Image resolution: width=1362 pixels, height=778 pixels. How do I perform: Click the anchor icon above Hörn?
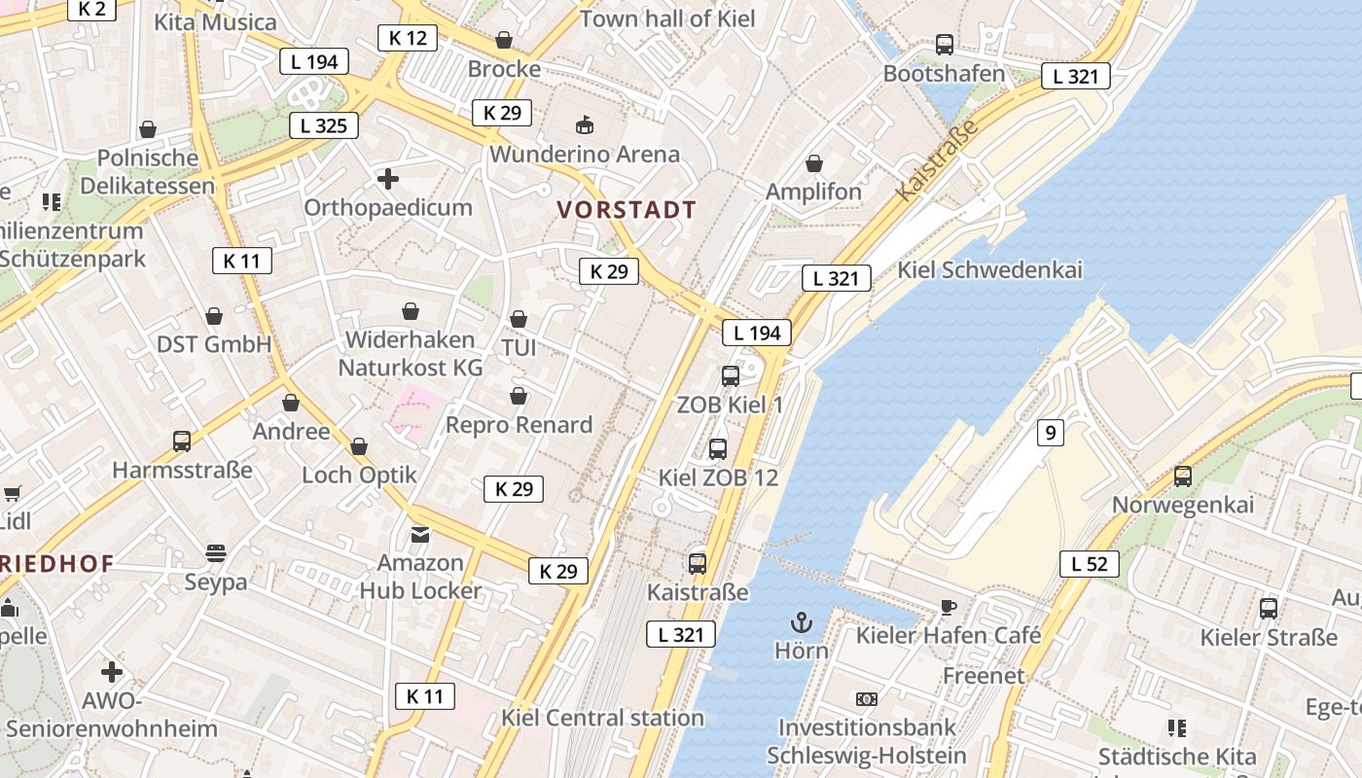point(802,621)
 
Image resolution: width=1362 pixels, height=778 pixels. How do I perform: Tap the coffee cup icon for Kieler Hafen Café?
point(948,608)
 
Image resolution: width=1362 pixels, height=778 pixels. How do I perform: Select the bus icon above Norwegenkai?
point(1183,477)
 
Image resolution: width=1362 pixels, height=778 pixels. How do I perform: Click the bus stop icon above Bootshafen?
point(945,45)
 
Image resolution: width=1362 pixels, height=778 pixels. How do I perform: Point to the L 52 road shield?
point(1090,563)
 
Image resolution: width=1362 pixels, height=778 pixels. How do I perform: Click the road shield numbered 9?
point(1050,432)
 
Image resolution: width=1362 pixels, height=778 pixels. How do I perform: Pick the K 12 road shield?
point(407,38)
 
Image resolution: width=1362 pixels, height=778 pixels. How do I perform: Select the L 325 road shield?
point(324,125)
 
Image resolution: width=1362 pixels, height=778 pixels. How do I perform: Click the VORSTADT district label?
point(627,210)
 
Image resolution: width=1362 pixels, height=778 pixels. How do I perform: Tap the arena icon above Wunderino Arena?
point(585,125)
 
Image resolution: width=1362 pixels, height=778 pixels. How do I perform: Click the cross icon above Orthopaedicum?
point(388,179)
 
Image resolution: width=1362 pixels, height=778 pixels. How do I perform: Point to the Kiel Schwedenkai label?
point(989,270)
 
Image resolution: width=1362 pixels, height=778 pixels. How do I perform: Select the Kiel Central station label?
point(602,718)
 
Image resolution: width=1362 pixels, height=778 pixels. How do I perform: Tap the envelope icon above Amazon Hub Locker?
point(420,534)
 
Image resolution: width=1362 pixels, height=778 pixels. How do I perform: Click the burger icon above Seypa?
point(216,553)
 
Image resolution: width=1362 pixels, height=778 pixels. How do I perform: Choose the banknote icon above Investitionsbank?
point(866,698)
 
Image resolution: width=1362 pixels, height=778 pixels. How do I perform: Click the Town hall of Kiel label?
point(667,18)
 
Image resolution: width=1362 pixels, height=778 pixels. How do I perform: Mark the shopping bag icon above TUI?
point(519,319)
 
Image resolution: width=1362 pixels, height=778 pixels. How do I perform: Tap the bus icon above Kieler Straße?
point(1269,609)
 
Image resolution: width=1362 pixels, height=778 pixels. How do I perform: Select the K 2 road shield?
point(92,9)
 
